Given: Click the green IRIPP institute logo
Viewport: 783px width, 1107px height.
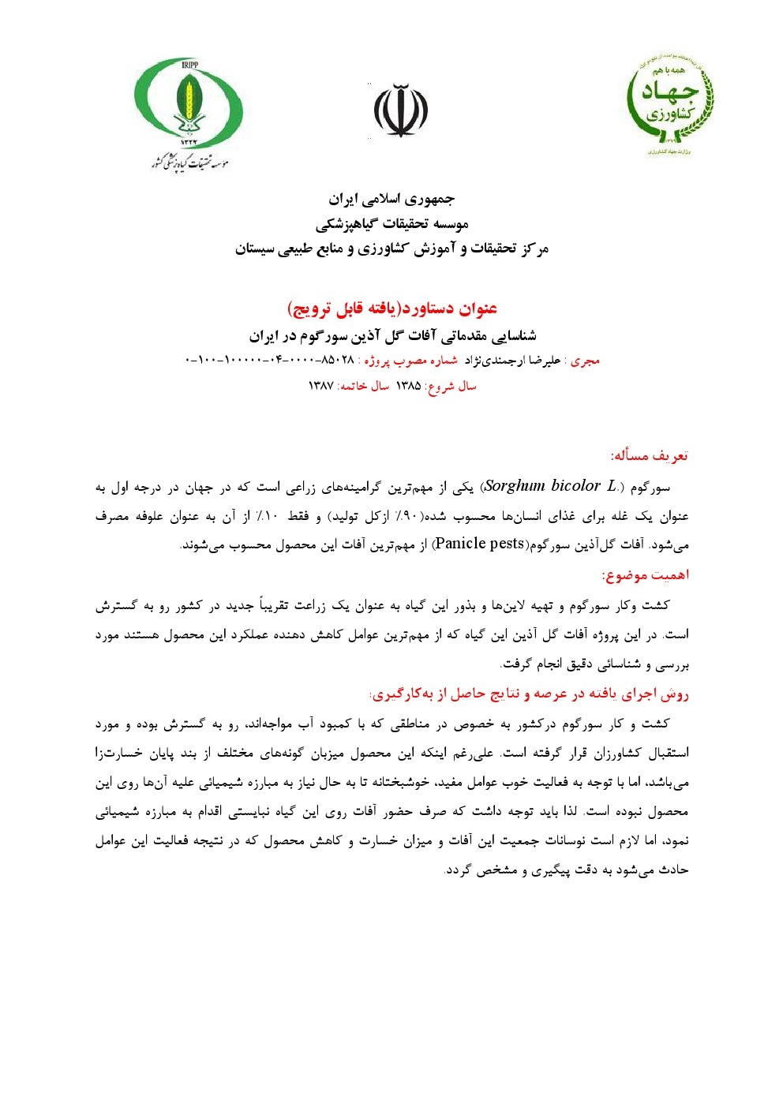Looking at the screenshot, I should click(189, 111).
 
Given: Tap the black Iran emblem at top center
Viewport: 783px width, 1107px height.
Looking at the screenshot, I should click(400, 111).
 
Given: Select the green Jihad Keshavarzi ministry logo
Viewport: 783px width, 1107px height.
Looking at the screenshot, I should click(670, 105).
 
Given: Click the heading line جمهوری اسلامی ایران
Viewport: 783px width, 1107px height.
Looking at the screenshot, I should click(391, 199).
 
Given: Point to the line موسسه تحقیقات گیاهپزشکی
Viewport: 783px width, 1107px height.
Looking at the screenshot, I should click(391, 224).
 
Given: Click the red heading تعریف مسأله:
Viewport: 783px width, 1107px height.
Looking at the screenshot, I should click(650, 456).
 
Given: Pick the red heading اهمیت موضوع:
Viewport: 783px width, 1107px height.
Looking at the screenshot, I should click(645, 575).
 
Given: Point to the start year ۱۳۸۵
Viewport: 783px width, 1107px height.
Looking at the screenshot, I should click(408, 386).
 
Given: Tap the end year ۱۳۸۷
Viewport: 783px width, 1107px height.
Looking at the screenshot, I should click(321, 386).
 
